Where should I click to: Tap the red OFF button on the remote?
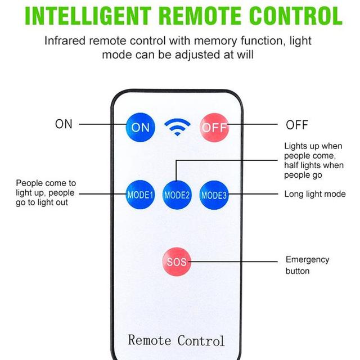pyautogui.click(x=214, y=127)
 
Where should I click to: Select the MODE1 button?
pyautogui.click(x=140, y=195)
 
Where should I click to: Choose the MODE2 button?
pyautogui.click(x=177, y=195)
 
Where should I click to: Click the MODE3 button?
pyautogui.click(x=214, y=195)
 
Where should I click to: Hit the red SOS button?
pyautogui.click(x=177, y=262)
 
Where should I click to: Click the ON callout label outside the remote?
pyautogui.click(x=64, y=124)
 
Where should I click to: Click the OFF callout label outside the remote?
pyautogui.click(x=296, y=125)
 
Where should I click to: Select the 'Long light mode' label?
pyautogui.click(x=315, y=194)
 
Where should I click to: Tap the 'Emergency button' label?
pyautogui.click(x=308, y=265)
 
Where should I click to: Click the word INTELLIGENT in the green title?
pyautogui.click(x=88, y=16)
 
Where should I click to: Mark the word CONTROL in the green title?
pyautogui.click(x=296, y=16)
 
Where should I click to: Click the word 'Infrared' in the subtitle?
pyautogui.click(x=65, y=41)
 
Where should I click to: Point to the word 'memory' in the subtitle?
pyautogui.click(x=215, y=41)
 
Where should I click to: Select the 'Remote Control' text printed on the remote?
pyautogui.click(x=176, y=340)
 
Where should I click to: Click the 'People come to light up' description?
pyautogui.click(x=46, y=193)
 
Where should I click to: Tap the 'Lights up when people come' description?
pyautogui.click(x=314, y=160)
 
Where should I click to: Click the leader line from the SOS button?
pyautogui.click(x=233, y=262)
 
